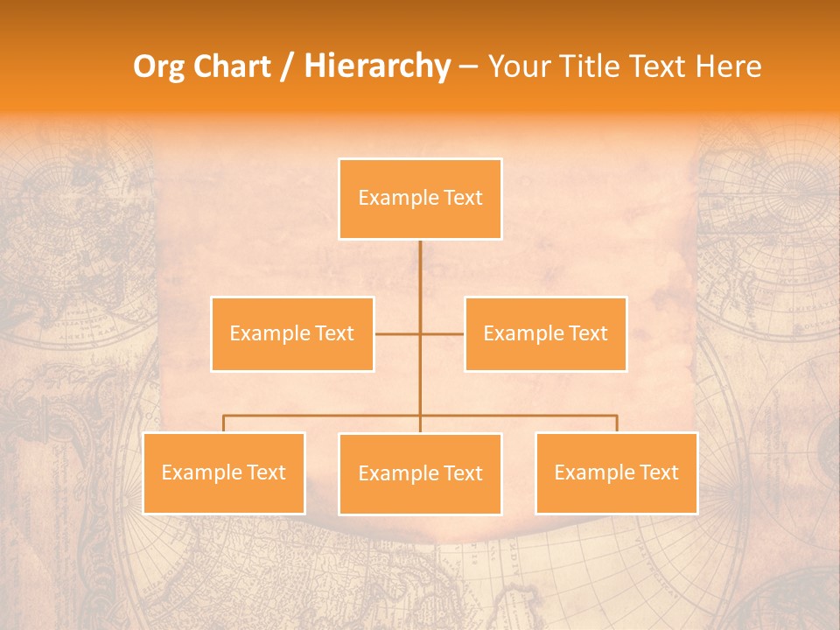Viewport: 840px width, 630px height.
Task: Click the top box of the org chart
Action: [x=420, y=199]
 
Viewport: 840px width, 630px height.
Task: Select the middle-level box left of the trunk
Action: [x=292, y=333]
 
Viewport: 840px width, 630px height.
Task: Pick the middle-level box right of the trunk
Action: [x=545, y=333]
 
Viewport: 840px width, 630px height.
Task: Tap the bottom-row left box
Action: [x=224, y=472]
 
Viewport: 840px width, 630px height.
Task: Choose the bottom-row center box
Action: [x=420, y=473]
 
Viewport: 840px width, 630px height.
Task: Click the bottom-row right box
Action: [x=616, y=472]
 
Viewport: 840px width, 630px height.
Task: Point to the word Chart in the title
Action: [x=231, y=66]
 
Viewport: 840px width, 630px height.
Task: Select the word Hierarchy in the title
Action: [x=376, y=66]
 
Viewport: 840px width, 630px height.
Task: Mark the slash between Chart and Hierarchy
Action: [x=288, y=67]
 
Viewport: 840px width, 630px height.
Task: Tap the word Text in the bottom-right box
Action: [x=658, y=472]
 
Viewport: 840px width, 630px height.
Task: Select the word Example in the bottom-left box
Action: [x=193, y=472]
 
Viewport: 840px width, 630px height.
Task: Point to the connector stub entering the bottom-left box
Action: [x=224, y=423]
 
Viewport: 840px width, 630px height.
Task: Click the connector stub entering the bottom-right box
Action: [x=616, y=423]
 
